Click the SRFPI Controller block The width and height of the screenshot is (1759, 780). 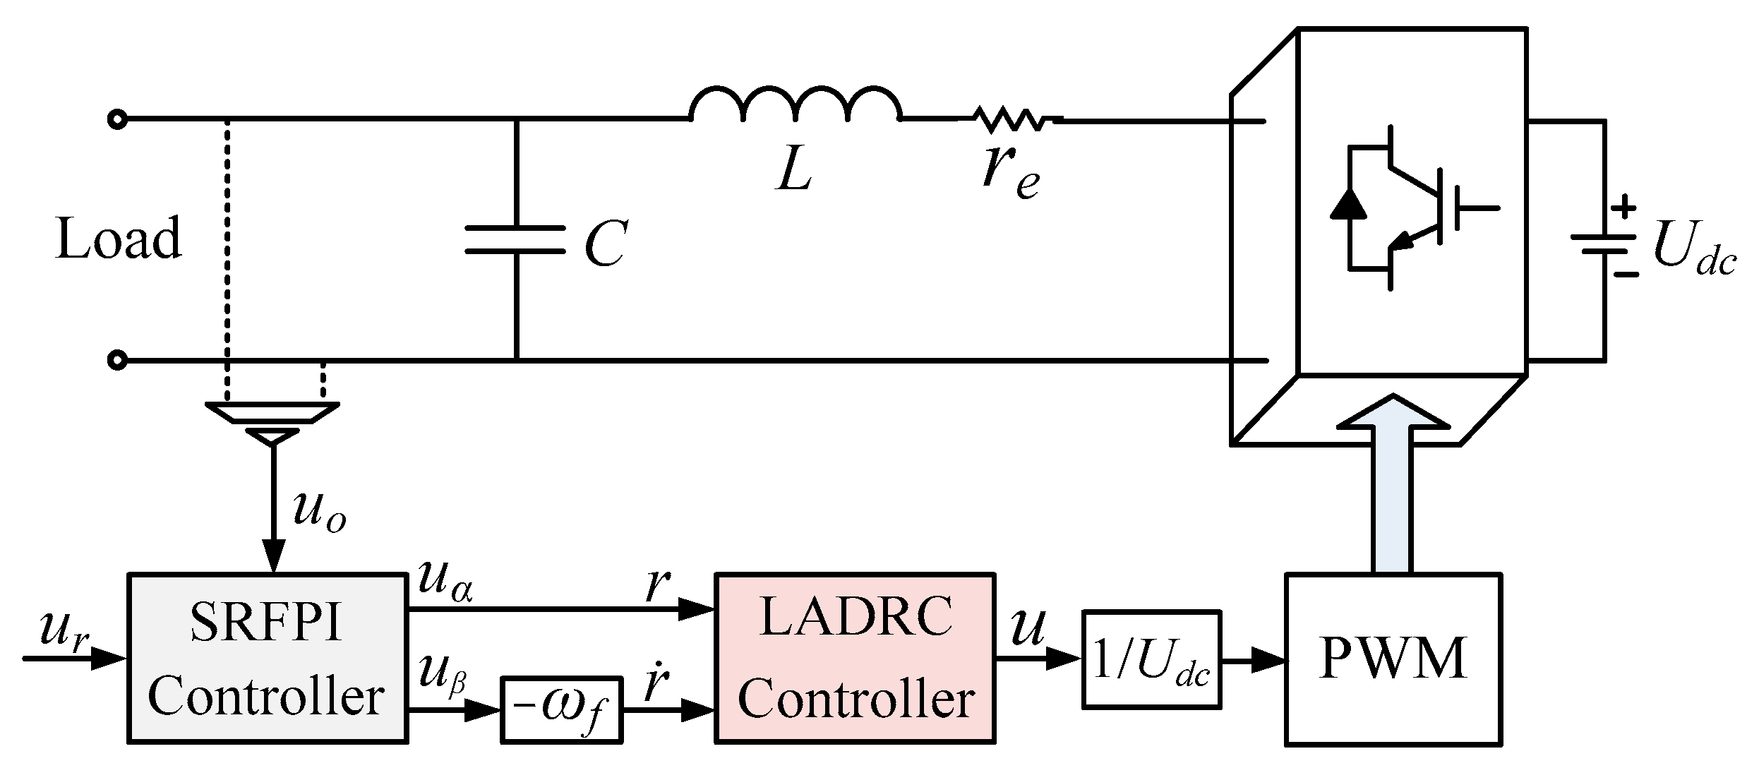[267, 657]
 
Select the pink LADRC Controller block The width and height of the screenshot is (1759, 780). [855, 657]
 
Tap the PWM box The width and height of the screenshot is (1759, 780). [1393, 659]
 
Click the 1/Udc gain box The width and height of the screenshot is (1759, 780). [1151, 659]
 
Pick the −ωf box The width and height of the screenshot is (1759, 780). [561, 709]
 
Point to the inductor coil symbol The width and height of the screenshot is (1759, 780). [796, 106]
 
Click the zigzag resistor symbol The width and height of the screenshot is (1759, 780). [1011, 119]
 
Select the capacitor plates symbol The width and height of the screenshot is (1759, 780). [516, 240]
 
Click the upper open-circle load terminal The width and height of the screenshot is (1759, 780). [117, 119]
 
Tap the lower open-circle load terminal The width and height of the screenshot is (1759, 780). [117, 361]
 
